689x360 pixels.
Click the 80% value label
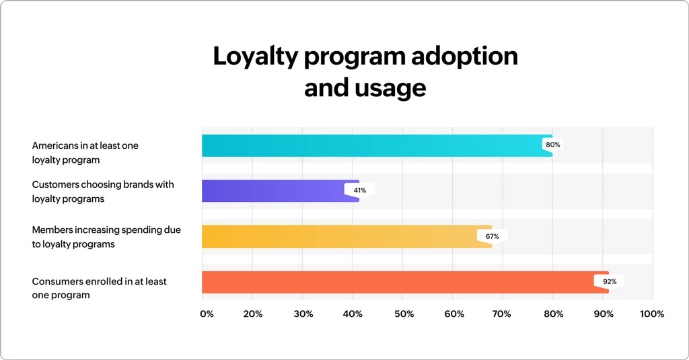[553, 145]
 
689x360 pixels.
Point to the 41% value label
[360, 190]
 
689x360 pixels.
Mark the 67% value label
[492, 236]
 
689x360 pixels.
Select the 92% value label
[609, 281]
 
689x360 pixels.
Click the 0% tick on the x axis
[207, 314]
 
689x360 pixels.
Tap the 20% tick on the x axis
[252, 314]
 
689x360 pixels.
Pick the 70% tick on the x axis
[503, 314]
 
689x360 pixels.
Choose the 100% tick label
[651, 314]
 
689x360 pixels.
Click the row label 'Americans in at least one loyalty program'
[85, 153]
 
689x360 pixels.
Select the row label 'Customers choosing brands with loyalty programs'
[103, 192]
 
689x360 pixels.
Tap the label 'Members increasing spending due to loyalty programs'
[106, 237]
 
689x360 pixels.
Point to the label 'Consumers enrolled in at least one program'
[100, 288]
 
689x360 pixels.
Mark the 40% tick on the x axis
[353, 314]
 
